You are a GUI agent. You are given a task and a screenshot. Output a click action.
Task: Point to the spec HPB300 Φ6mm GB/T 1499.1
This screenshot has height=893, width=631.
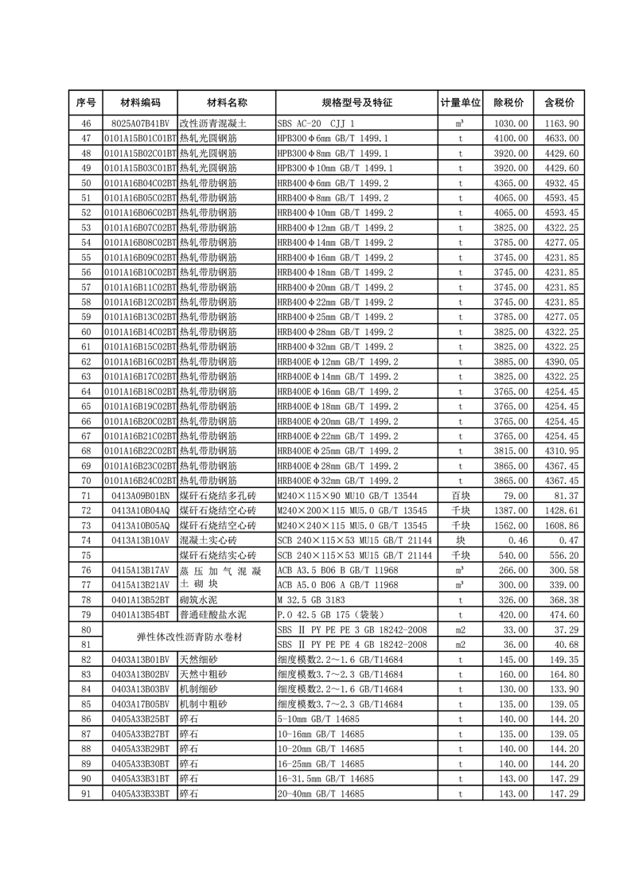tap(333, 138)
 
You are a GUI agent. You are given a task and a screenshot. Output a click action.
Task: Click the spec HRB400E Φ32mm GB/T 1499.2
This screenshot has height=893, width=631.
tap(337, 481)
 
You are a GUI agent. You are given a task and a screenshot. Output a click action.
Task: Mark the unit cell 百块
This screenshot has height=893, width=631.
tap(460, 496)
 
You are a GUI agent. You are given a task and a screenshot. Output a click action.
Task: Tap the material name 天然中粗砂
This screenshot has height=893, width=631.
tap(203, 674)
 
